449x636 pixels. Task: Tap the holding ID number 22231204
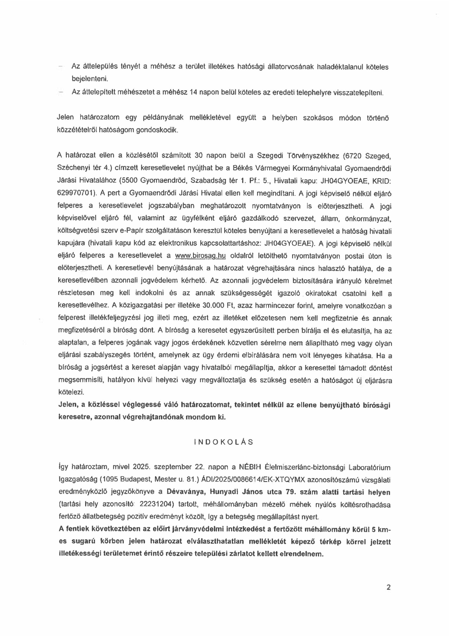(157, 504)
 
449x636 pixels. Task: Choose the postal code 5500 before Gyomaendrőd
(128, 181)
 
